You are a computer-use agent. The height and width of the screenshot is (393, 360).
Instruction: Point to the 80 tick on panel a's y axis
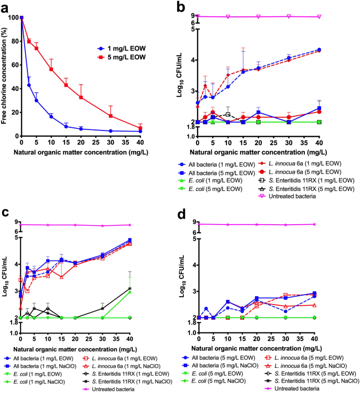15,41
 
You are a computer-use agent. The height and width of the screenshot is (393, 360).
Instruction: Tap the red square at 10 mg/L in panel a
52,69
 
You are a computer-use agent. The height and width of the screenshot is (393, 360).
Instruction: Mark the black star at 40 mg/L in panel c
130,288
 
